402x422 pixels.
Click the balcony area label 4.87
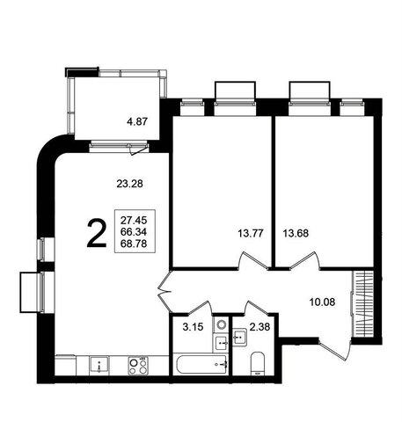[137, 121]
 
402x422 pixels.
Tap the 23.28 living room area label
[129, 184]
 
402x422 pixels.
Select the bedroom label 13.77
[251, 234]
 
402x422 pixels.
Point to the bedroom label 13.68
[296, 233]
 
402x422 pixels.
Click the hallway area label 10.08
[322, 302]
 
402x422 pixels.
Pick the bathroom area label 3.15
[193, 327]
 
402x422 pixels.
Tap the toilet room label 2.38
[259, 326]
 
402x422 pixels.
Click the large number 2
[97, 234]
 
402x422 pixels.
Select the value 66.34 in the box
[134, 232]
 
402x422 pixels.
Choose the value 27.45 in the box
[134, 220]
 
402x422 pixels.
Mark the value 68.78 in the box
[134, 244]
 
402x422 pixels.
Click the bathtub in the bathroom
[201, 364]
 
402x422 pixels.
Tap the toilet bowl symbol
[258, 364]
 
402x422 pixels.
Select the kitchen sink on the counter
[99, 365]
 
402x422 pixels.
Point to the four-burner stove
[138, 366]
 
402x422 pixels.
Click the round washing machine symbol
[222, 324]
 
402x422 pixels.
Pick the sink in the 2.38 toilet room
[240, 337]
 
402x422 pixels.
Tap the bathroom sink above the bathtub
[222, 343]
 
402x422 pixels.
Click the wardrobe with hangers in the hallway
[362, 304]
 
